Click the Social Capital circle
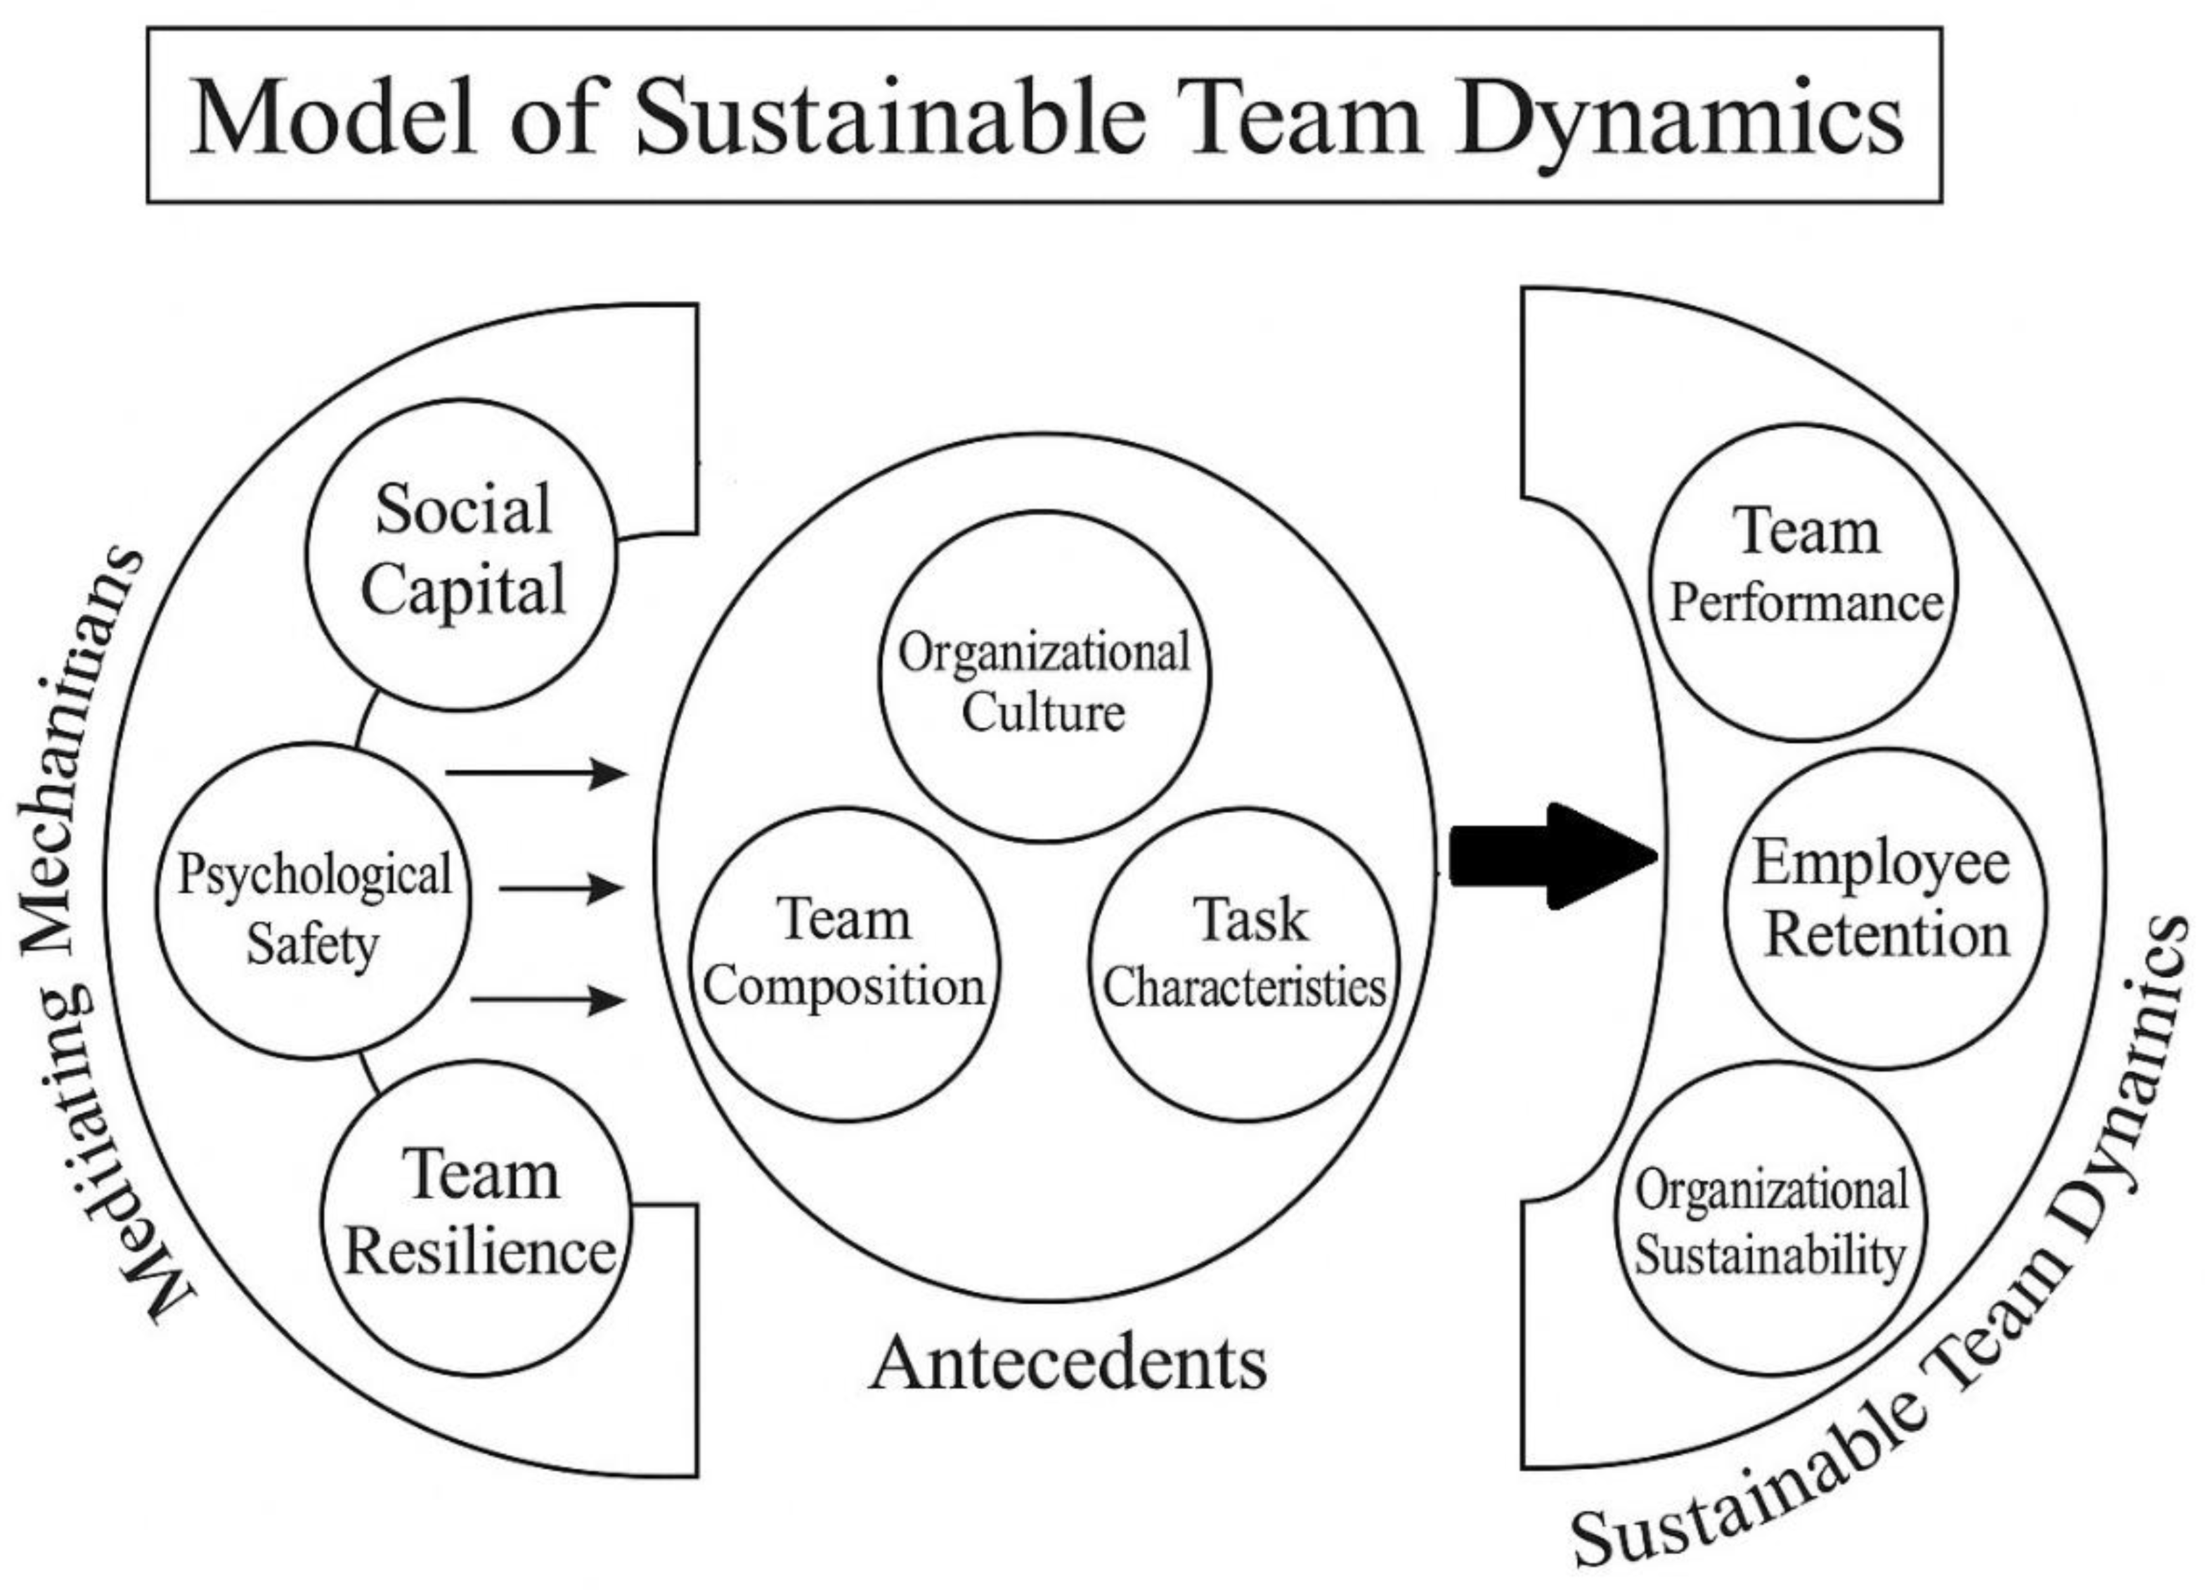pyautogui.click(x=462, y=553)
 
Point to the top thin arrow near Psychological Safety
pyautogui.click(x=536, y=774)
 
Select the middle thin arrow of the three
pyautogui.click(x=561, y=887)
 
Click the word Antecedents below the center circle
pyautogui.click(x=1068, y=1364)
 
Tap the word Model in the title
pyautogui.click(x=335, y=118)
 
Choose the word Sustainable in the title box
pyautogui.click(x=890, y=118)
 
